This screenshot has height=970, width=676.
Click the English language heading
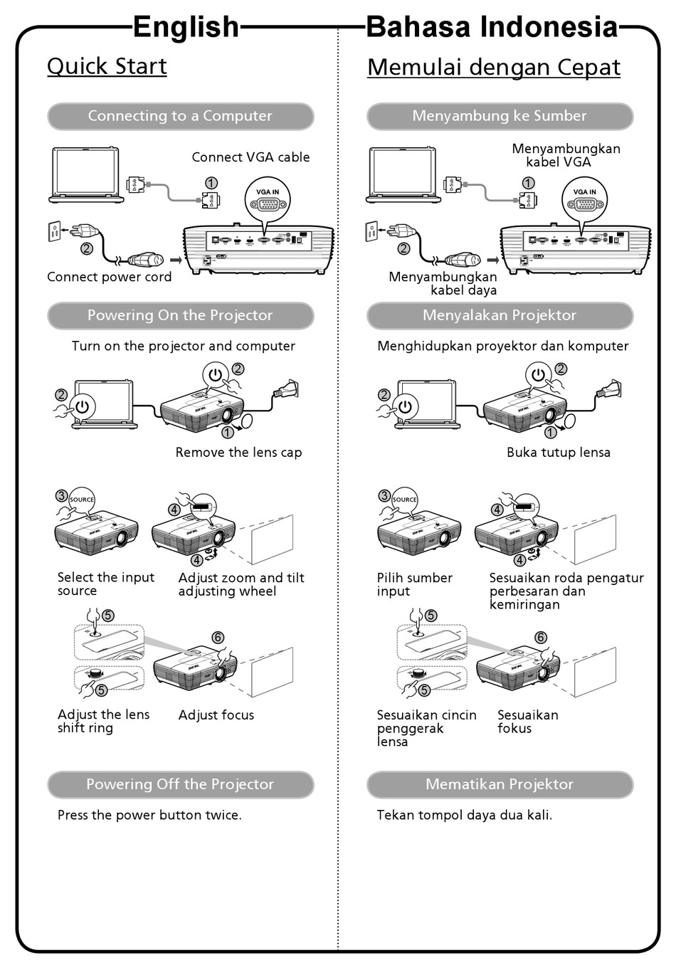(186, 28)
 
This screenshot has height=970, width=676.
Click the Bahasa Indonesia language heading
(492, 28)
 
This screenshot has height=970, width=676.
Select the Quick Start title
(107, 66)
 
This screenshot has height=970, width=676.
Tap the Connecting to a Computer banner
(180, 116)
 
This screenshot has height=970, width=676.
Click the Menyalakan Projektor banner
(500, 315)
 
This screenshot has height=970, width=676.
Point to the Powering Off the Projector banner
(180, 784)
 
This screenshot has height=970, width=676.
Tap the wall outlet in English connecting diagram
(53, 231)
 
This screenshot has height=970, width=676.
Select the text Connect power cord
(109, 278)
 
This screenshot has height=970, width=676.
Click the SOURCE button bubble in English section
(81, 500)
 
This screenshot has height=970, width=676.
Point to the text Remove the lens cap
(238, 453)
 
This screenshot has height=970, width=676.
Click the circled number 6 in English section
(218, 638)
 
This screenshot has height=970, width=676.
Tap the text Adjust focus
(216, 715)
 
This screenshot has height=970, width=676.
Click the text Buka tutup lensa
(558, 453)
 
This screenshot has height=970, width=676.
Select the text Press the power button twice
(149, 816)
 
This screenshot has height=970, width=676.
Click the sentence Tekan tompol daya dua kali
(464, 816)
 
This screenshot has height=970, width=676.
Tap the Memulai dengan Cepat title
(493, 68)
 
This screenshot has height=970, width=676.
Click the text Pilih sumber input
(414, 584)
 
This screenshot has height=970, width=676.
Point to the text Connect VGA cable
(250, 157)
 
